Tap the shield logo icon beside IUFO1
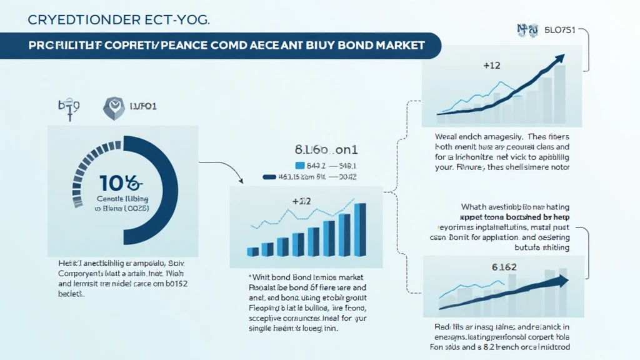click(x=112, y=107)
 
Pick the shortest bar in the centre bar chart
click(x=253, y=251)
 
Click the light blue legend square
click(x=299, y=166)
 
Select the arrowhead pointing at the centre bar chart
click(x=241, y=181)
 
